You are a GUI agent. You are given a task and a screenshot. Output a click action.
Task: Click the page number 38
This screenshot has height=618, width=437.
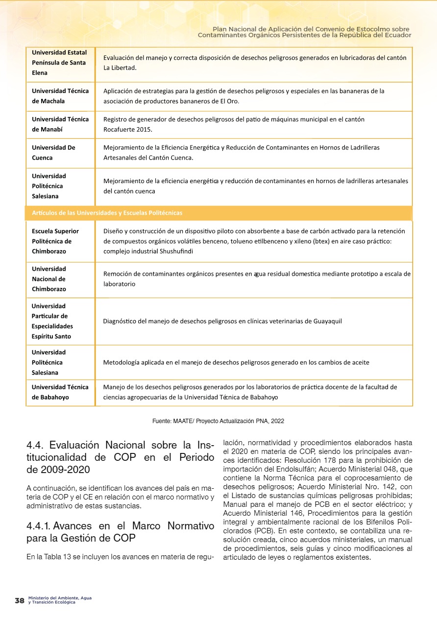pos(20,600)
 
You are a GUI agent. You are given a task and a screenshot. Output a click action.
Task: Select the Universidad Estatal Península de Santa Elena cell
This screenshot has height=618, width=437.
pos(59,63)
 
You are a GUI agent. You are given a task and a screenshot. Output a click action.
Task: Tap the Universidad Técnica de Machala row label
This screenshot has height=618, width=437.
pos(60,96)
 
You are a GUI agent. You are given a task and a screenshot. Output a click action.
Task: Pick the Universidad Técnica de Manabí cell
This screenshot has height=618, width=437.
pos(60,124)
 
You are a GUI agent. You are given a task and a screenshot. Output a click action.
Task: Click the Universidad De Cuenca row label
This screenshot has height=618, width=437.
pos(53,153)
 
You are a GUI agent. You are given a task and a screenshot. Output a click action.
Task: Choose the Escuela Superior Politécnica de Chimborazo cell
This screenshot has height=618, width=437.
pos(55,241)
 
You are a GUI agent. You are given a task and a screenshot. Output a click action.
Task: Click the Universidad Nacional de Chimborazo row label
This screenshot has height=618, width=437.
pos(49,279)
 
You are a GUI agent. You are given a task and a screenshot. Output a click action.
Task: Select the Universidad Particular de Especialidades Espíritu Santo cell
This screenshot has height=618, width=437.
pos(52,321)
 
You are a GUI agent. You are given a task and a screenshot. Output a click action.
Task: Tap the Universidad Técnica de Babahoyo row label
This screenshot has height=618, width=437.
pos(60,392)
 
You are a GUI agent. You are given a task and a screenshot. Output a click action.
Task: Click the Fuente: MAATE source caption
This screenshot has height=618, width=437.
pos(218,421)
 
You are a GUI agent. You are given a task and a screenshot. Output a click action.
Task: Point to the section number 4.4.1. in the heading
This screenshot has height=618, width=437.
pos(39,526)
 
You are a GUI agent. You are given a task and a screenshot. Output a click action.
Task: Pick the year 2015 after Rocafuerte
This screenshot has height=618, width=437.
pos(144,130)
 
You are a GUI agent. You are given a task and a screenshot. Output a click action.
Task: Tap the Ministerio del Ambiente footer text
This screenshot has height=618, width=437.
pos(60,600)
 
